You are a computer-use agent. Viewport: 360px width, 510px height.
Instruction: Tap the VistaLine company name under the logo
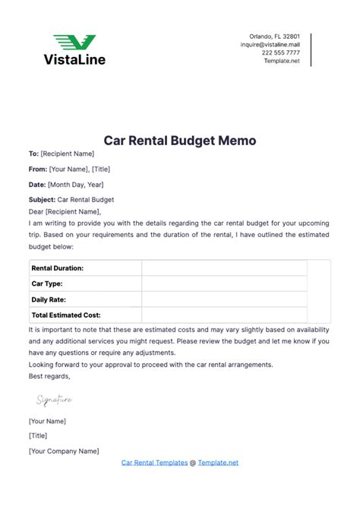(x=74, y=59)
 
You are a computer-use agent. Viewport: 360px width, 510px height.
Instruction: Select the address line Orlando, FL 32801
(x=274, y=36)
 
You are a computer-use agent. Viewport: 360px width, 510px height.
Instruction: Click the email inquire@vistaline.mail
(x=270, y=45)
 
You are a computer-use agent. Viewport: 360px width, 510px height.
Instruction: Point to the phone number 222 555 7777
(x=281, y=53)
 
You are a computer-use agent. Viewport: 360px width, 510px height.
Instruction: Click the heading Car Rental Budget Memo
(x=179, y=141)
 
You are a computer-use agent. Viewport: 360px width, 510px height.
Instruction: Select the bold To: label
(x=33, y=154)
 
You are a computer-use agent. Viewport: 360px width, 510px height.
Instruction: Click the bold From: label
(x=37, y=169)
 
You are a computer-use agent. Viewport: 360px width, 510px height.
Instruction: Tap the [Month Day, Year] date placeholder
(x=76, y=185)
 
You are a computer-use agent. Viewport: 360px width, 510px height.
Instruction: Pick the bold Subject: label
(x=42, y=200)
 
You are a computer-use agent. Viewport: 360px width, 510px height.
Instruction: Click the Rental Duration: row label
(x=57, y=268)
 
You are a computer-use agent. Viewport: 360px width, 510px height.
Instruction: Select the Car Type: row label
(x=46, y=284)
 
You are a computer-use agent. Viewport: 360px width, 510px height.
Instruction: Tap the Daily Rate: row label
(x=49, y=299)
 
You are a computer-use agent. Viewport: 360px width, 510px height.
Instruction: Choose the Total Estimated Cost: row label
(x=66, y=315)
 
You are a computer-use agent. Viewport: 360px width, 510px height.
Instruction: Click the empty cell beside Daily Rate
(x=224, y=299)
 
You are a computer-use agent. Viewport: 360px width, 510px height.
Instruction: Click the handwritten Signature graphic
(x=54, y=399)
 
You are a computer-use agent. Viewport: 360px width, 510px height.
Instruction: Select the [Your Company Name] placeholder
(x=64, y=451)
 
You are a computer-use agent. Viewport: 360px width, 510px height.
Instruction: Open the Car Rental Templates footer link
(x=153, y=462)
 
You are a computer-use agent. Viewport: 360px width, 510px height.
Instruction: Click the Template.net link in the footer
(x=219, y=462)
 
